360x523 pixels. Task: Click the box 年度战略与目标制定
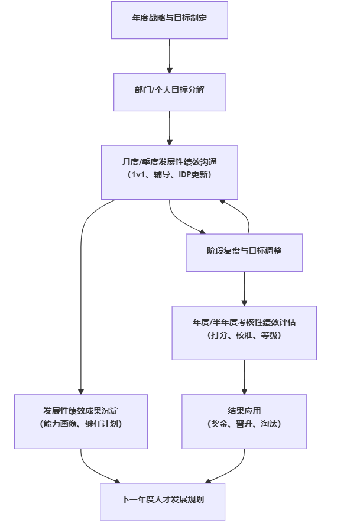170,20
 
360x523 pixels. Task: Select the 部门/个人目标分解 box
170,92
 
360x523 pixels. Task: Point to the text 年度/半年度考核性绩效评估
244,322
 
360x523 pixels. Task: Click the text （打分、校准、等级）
244,336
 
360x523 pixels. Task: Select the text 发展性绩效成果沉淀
81,411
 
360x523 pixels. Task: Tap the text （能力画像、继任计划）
81,424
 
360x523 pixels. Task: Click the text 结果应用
244,411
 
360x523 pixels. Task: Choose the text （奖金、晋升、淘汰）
244,424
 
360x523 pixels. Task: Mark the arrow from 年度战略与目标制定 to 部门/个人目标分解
170,56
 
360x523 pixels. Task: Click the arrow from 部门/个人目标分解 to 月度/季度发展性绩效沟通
170,128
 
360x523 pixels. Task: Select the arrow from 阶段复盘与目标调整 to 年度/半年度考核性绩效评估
244,288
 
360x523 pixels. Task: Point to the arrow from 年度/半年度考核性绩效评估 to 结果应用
244,377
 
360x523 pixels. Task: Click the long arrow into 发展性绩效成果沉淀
81,295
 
